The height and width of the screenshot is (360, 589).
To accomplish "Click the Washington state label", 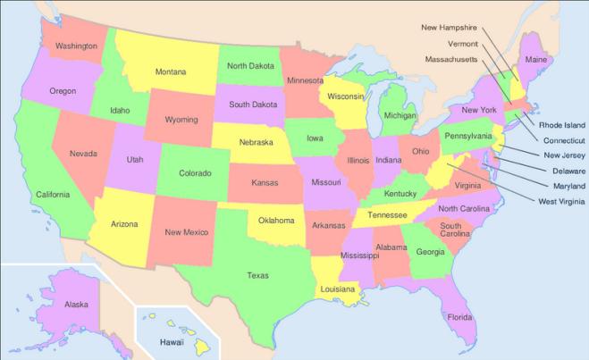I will coord(76,46).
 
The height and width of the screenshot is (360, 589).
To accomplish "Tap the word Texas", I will coord(257,275).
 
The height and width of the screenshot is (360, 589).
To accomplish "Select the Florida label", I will coord(459,317).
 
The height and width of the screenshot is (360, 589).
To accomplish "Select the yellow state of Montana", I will coord(171,71).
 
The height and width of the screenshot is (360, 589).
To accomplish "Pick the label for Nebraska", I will coord(256,142).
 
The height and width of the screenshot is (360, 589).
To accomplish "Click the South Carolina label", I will coord(450,231).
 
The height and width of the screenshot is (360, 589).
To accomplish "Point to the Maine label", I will coord(537,60).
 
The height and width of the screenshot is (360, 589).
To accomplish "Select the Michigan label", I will coord(400,116).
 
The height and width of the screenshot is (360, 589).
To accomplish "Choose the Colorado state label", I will coord(195,173).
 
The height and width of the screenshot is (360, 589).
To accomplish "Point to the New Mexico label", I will coord(187,232).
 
